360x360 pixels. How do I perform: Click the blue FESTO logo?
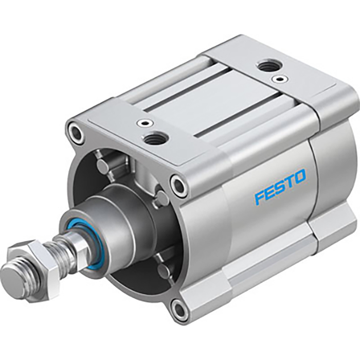(280, 187)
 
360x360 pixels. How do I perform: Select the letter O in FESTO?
(300, 177)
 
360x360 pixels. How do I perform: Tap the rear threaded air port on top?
(267, 65)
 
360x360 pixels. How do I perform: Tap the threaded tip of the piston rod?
(13, 281)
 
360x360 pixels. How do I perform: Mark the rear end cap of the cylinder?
(334, 154)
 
